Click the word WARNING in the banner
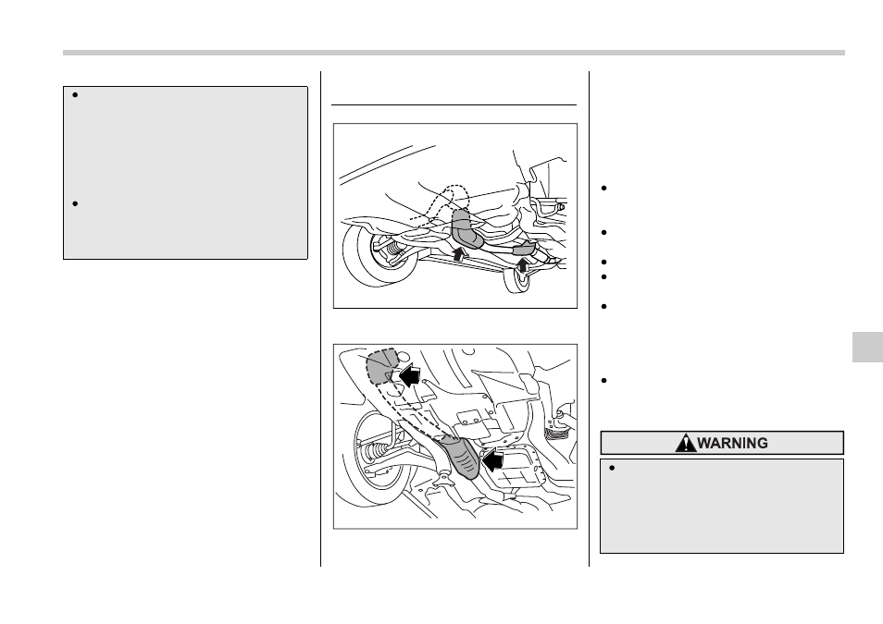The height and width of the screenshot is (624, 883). point(732,444)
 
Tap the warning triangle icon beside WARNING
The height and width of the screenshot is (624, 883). point(685,444)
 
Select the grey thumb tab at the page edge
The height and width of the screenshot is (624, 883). point(867,347)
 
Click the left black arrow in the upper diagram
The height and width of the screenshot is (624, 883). point(460,254)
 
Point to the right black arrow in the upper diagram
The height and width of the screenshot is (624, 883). point(523,263)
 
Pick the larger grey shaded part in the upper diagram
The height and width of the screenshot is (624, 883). point(466,228)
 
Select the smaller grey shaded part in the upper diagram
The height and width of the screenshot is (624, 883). point(523,248)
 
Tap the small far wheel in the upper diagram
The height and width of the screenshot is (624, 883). point(517,280)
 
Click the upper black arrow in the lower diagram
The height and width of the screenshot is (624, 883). point(410,373)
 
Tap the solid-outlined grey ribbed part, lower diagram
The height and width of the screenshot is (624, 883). point(461,457)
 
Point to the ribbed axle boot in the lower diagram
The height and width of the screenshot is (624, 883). point(376,452)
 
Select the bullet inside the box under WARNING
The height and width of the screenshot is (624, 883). point(612,468)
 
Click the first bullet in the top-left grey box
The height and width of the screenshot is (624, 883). point(75,94)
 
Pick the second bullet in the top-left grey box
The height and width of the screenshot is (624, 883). point(75,203)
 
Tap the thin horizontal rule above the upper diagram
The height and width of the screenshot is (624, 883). point(454,104)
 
